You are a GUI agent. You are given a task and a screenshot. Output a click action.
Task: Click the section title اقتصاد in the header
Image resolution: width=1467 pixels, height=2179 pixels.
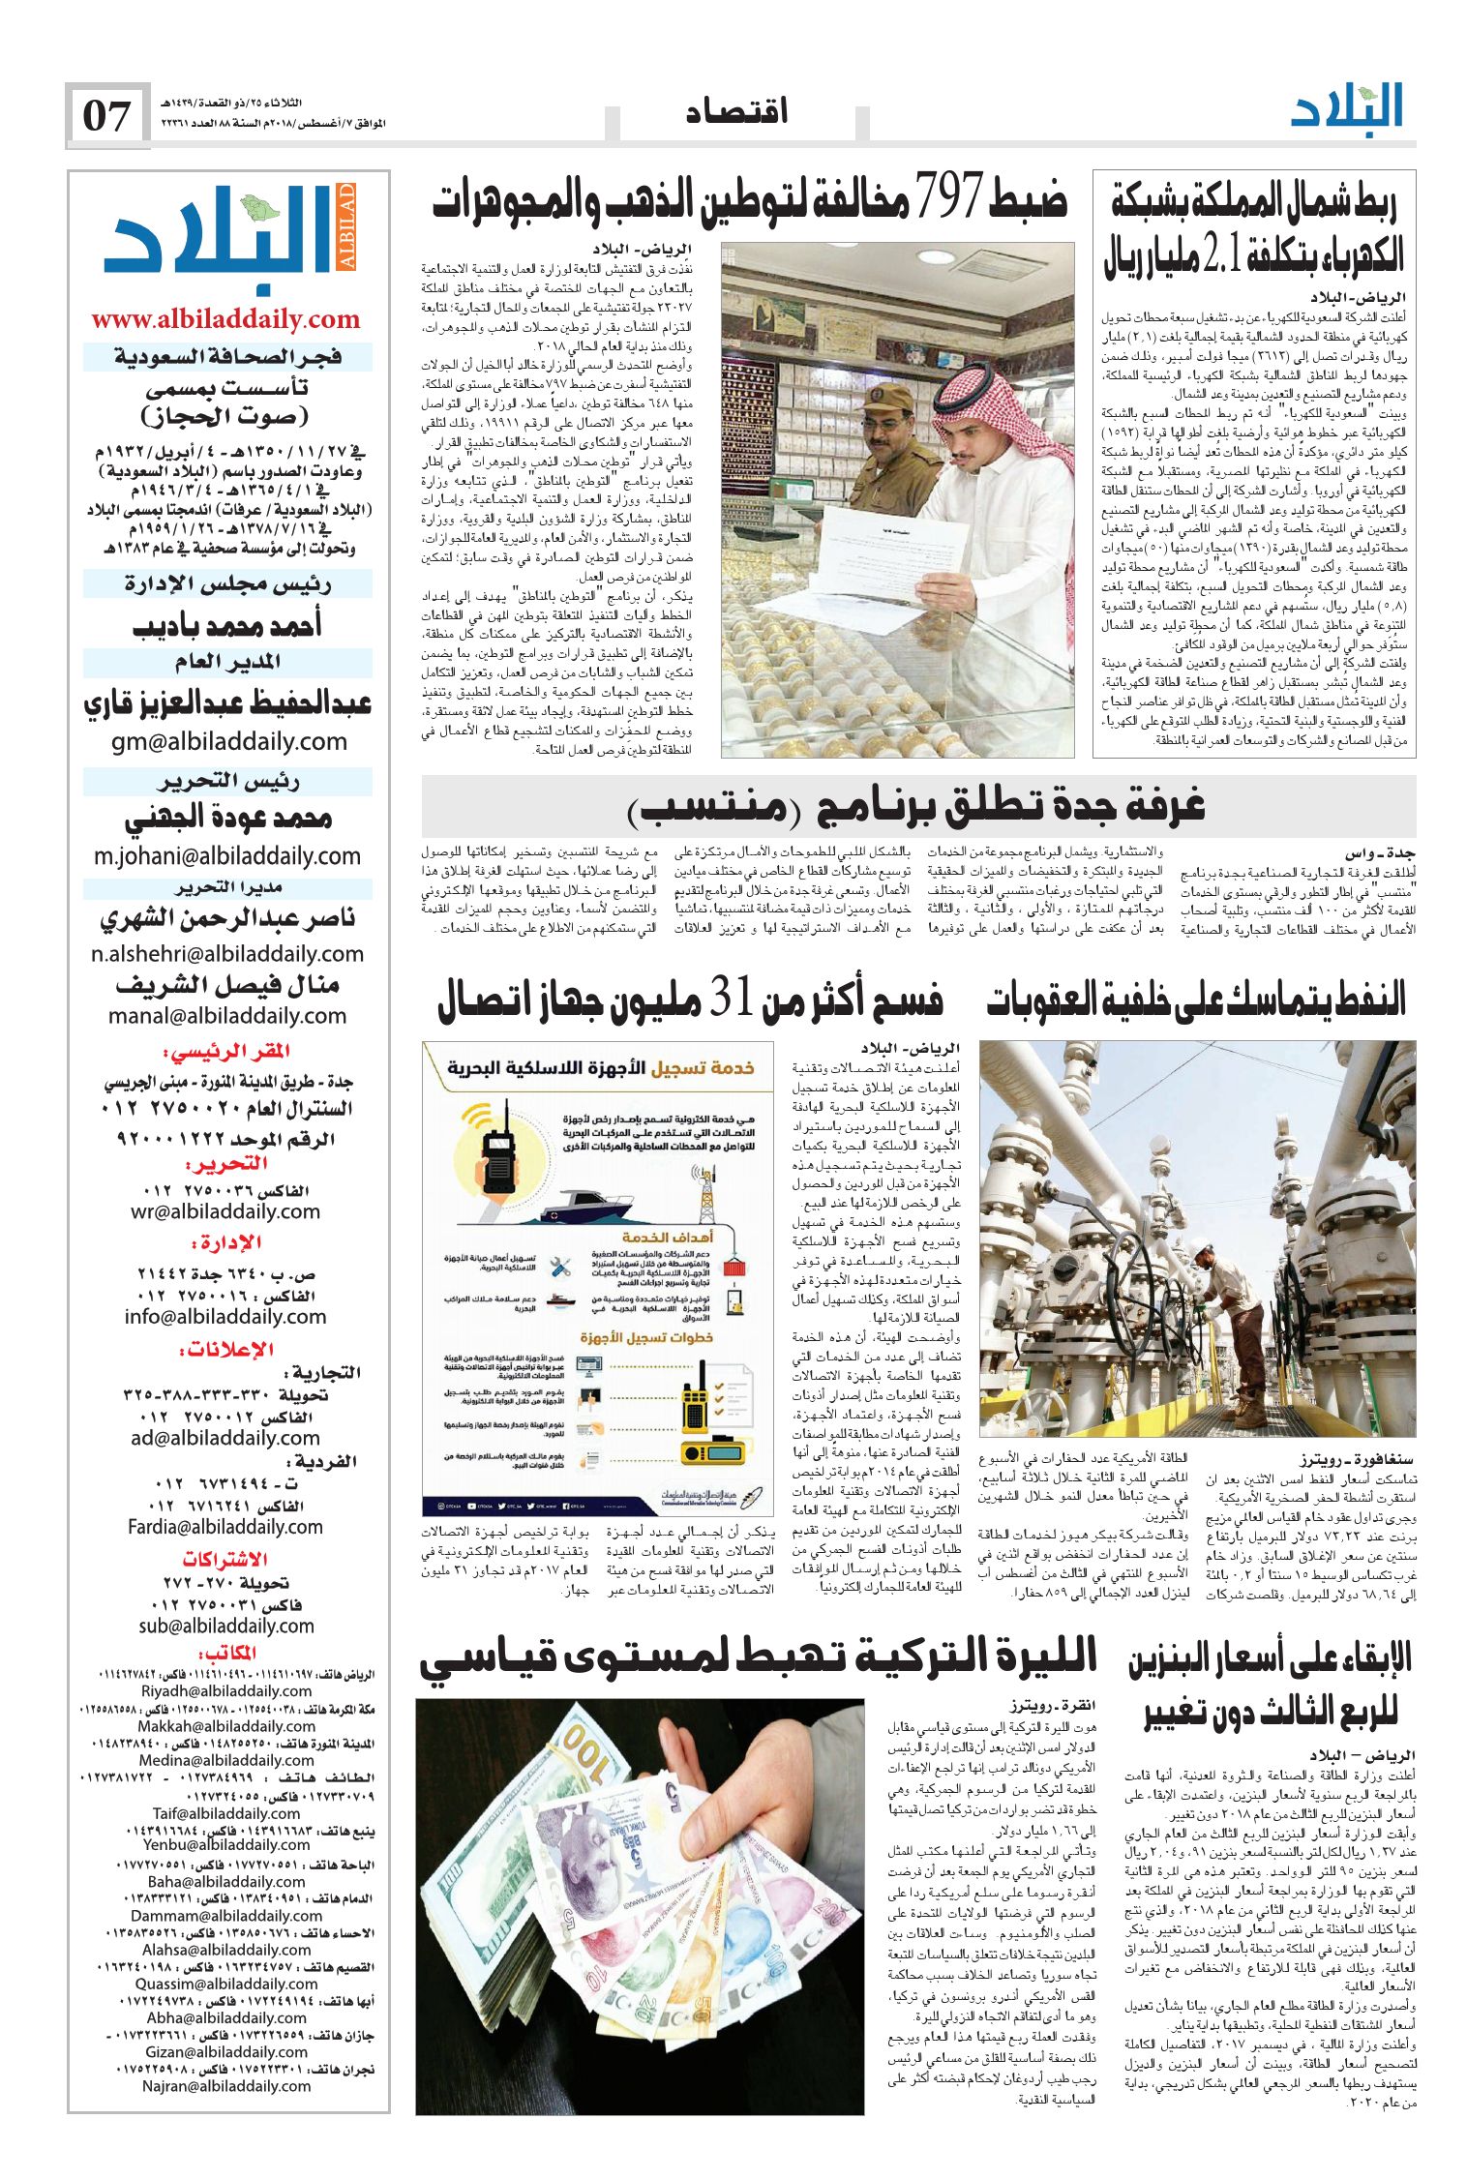(x=736, y=112)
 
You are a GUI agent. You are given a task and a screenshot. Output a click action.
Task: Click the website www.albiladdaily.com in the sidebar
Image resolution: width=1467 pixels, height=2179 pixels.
(x=226, y=319)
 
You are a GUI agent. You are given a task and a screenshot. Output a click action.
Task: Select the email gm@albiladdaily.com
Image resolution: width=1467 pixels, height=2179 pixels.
(x=228, y=742)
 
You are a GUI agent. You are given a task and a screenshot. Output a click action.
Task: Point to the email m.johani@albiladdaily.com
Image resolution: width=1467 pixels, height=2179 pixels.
(x=227, y=856)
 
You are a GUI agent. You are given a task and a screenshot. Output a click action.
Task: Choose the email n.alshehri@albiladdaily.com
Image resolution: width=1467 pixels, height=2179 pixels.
(x=227, y=954)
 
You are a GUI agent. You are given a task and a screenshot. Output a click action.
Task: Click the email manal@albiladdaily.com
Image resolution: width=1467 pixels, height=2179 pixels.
(x=227, y=1016)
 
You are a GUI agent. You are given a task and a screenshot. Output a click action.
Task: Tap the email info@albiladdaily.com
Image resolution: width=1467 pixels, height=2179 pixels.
(x=225, y=1317)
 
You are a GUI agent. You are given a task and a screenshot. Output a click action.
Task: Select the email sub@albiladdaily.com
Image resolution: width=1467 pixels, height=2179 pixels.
(x=226, y=1626)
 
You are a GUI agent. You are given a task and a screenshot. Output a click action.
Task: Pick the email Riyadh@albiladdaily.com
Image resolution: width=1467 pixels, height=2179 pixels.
(x=226, y=1691)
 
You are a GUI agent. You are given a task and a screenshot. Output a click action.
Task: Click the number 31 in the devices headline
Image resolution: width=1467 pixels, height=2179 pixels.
(x=733, y=998)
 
